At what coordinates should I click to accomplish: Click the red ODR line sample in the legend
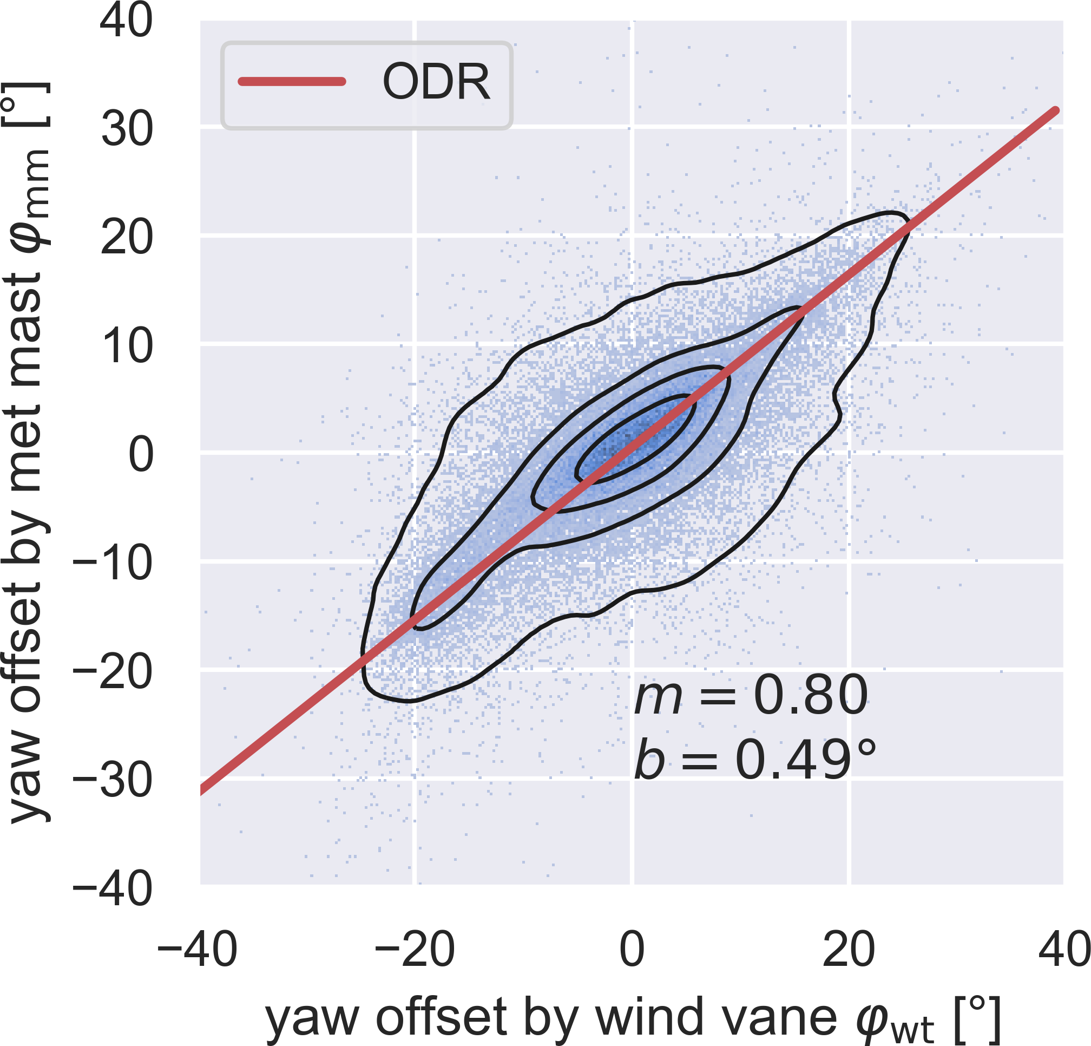coord(292,82)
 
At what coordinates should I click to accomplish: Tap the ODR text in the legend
coord(436,82)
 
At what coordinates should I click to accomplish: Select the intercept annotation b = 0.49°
coord(755,759)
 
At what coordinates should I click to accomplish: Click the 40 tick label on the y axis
coord(126,21)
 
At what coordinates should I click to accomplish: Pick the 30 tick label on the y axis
coord(126,130)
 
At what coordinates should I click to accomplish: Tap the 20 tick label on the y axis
coord(126,238)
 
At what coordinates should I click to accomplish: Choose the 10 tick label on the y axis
coord(126,346)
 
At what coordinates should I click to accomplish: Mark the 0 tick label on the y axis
coord(141,454)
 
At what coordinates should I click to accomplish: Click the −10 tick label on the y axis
coord(113,563)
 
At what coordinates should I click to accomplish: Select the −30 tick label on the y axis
coord(113,780)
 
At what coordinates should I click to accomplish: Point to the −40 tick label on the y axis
coord(113,888)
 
